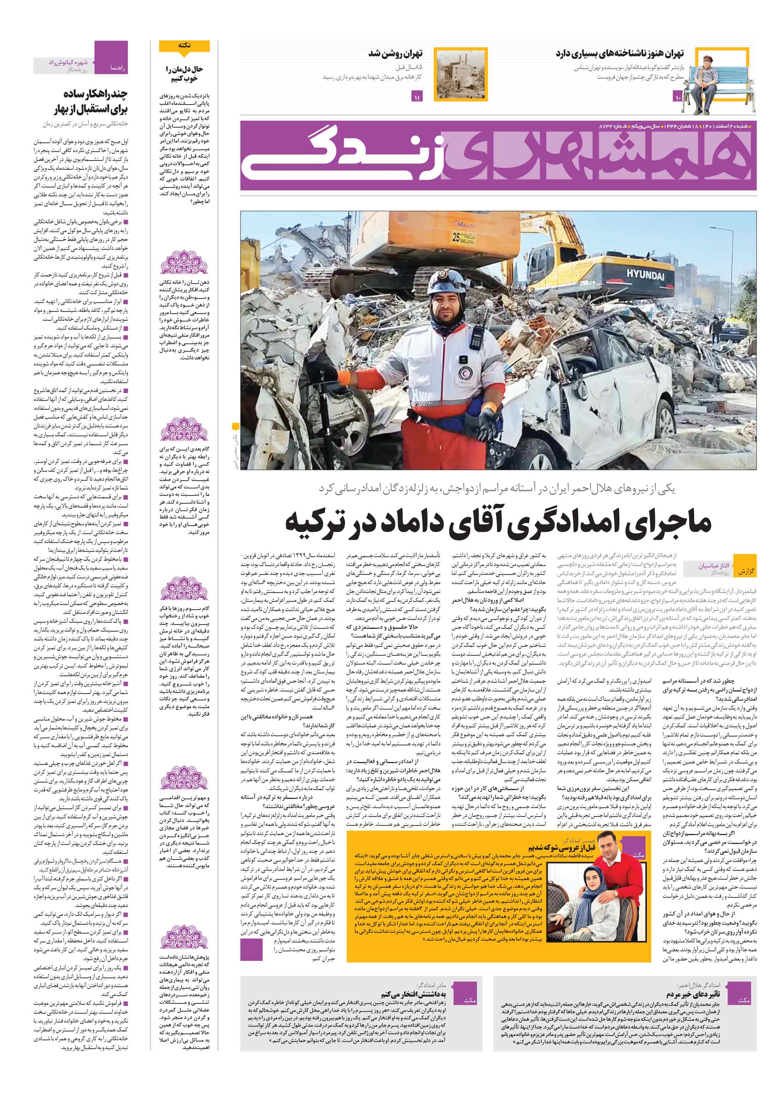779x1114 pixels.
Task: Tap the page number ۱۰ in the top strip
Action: pyautogui.click(x=677, y=98)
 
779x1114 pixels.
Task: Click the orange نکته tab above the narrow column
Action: pyautogui.click(x=184, y=46)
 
